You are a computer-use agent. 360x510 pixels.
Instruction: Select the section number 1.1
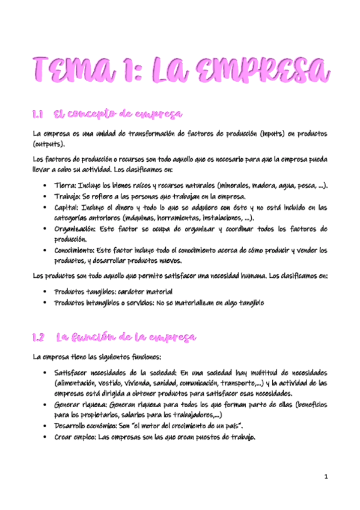(39, 114)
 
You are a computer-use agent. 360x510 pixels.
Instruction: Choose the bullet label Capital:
(68, 207)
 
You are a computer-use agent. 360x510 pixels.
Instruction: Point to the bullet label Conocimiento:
(76, 251)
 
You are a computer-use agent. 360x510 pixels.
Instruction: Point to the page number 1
(325, 478)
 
